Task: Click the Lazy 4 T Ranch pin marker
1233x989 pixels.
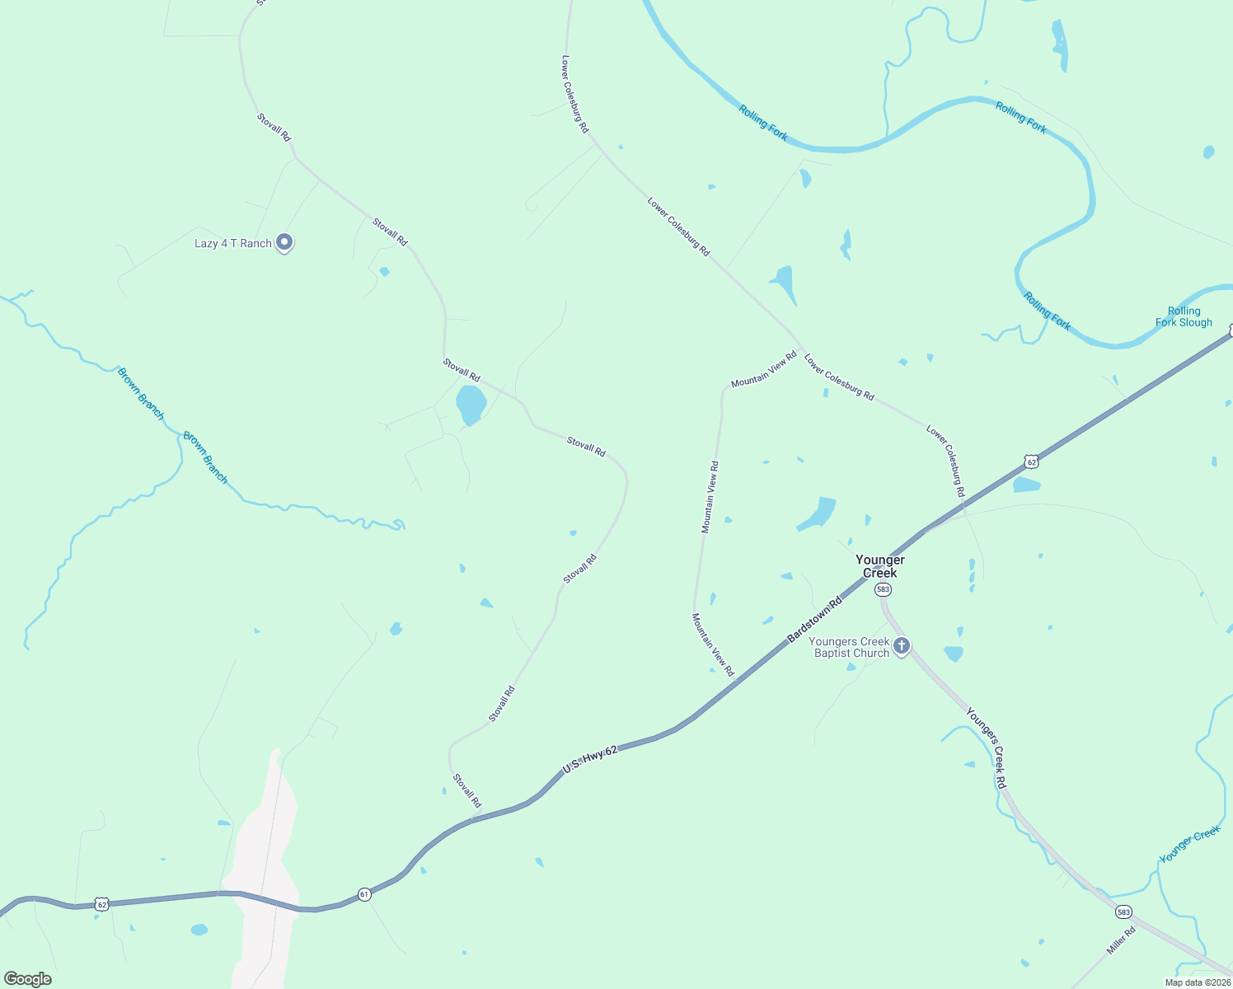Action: [x=284, y=242]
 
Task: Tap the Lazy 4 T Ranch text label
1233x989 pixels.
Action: [x=232, y=244]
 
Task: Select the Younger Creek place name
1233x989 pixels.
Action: [x=879, y=566]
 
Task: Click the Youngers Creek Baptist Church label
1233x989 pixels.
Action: [x=849, y=647]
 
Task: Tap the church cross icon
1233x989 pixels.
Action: [x=902, y=645]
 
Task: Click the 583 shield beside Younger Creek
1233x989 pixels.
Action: [x=883, y=589]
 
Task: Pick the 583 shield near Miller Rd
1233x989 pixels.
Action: [x=1123, y=912]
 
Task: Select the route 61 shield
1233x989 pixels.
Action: [x=364, y=893]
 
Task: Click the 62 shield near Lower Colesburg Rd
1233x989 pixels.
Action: [x=1031, y=462]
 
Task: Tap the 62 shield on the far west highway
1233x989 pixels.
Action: [x=101, y=904]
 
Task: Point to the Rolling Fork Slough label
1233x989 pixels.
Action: [x=1184, y=316]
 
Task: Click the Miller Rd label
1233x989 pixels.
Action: [x=1121, y=940]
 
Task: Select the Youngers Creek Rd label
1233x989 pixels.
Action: [x=987, y=748]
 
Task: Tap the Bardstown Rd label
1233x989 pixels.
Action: [x=815, y=620]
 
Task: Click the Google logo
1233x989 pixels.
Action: [x=28, y=979]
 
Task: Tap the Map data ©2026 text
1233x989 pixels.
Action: [x=1197, y=982]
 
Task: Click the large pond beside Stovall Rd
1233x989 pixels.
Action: [x=471, y=405]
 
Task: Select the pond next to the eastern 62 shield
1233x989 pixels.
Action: [x=1026, y=485]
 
